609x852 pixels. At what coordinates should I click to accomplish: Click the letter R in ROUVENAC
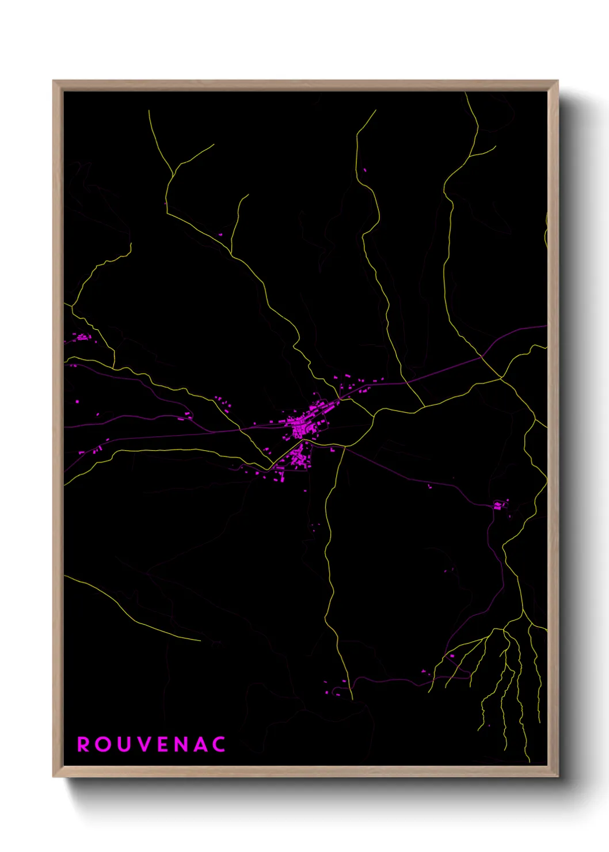click(83, 744)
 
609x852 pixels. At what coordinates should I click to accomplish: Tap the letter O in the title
click(103, 744)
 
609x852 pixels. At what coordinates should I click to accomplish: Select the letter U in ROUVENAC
click(123, 744)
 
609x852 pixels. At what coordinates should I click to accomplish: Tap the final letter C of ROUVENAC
click(219, 744)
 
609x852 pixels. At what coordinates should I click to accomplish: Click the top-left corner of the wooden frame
click(54, 81)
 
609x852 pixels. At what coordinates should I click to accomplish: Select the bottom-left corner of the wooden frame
click(54, 777)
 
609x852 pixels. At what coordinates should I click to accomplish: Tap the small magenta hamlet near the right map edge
click(500, 505)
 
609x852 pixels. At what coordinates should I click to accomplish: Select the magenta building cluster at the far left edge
click(82, 337)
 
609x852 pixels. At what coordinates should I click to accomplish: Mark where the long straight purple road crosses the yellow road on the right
click(482, 357)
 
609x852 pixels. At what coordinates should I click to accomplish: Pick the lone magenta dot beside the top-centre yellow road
click(364, 170)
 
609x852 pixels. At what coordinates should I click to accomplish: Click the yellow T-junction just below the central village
click(344, 447)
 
